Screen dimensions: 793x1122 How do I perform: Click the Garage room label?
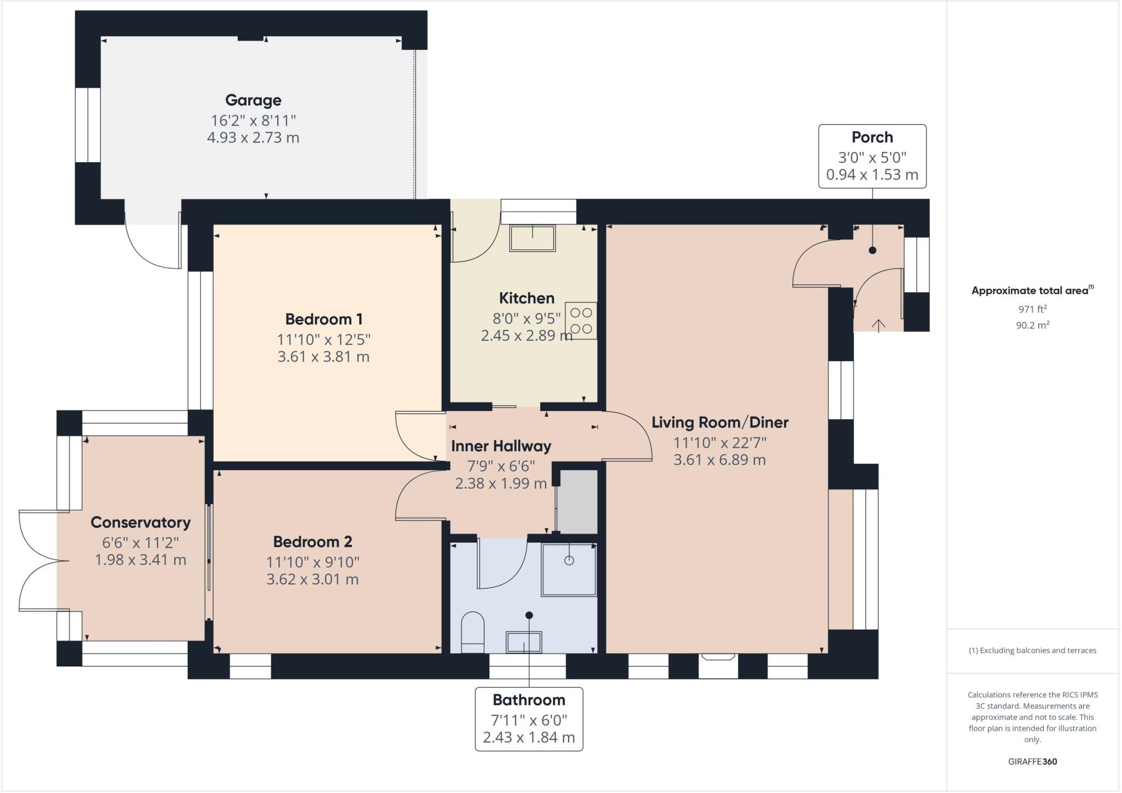[253, 100]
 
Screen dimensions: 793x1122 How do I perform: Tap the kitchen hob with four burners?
[581, 321]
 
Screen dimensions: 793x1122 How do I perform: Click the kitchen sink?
[532, 238]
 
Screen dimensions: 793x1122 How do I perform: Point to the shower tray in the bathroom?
[569, 569]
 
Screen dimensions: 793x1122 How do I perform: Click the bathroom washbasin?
[524, 642]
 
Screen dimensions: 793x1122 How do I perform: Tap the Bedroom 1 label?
[324, 319]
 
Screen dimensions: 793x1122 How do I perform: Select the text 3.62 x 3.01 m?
[312, 579]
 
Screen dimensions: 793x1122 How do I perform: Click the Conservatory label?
[140, 522]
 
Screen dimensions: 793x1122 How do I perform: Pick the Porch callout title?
[872, 137]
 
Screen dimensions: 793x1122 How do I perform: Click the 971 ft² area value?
[1032, 309]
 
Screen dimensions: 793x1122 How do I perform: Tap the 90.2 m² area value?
[1032, 325]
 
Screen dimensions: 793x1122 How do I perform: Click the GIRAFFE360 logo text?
[1032, 761]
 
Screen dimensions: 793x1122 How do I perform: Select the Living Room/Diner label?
[720, 423]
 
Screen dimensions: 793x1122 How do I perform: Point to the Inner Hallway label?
[501, 446]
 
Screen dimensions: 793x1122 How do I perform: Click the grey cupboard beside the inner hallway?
[577, 501]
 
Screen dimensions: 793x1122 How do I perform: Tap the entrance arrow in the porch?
[878, 326]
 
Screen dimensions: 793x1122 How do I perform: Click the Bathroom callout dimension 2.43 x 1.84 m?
[529, 738]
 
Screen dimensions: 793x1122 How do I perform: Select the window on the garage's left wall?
[88, 125]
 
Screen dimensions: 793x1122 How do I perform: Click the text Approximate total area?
[1029, 291]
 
